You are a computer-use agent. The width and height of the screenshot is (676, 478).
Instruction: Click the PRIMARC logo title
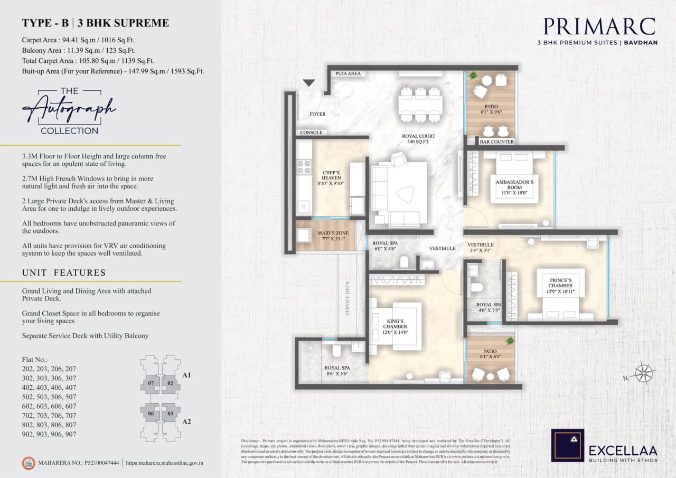pyautogui.click(x=599, y=27)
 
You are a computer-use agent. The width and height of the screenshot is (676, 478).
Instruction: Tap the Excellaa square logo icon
pyautogui.click(x=567, y=445)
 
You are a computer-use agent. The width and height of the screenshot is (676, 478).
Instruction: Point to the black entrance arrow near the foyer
pyautogui.click(x=309, y=83)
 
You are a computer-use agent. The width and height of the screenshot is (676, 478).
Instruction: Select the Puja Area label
pyautogui.click(x=348, y=73)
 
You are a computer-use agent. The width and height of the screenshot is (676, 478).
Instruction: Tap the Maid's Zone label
pyautogui.click(x=332, y=236)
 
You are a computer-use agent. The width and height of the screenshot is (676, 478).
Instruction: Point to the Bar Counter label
pyautogui.click(x=496, y=142)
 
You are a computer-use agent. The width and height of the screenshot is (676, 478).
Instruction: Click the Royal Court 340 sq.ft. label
pyautogui.click(x=418, y=139)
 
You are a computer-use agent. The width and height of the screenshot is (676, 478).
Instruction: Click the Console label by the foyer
pyautogui.click(x=311, y=133)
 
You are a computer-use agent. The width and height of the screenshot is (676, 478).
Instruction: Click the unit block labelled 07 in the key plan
pyautogui.click(x=151, y=383)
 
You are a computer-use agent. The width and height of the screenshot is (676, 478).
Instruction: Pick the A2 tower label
pyautogui.click(x=186, y=423)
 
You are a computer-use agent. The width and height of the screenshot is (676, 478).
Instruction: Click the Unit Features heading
pyautogui.click(x=64, y=273)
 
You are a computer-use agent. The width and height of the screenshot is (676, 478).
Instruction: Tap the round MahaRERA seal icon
pyautogui.click(x=27, y=463)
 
